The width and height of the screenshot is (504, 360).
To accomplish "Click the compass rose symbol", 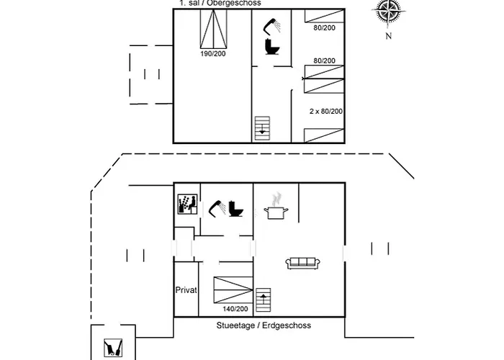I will click(387, 13).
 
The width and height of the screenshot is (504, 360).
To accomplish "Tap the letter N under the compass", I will click(388, 36).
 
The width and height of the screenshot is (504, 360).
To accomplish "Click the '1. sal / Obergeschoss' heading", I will click(220, 4).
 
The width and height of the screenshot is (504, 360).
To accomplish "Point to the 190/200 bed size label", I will click(214, 54).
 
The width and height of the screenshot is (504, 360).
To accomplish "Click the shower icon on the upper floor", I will click(272, 27).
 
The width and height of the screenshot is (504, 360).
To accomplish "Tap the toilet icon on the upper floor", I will click(272, 47).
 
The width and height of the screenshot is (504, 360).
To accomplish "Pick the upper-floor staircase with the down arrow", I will click(263, 128).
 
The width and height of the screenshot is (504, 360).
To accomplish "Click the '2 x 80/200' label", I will click(325, 111).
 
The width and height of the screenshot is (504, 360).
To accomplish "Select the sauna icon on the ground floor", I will click(186, 204).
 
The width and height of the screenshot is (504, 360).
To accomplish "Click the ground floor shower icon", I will click(217, 209).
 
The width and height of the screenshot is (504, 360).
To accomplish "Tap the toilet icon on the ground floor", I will click(235, 209).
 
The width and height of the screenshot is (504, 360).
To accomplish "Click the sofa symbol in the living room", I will click(302, 264).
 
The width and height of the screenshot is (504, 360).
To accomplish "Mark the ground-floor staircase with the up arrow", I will click(264, 300).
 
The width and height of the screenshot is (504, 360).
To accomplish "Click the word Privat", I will click(186, 290).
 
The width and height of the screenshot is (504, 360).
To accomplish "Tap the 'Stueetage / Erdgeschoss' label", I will click(264, 325).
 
